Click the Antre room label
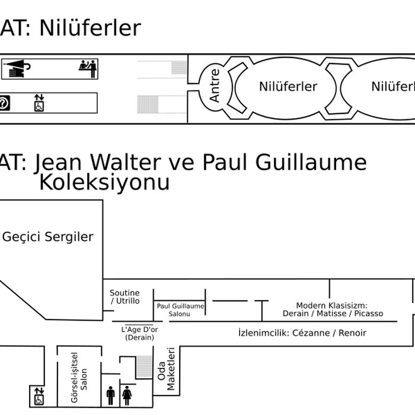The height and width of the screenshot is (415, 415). pyautogui.click(x=215, y=86)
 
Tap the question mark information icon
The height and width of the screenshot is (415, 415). pyautogui.click(x=5, y=103)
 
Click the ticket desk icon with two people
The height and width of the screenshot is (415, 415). pyautogui.click(x=88, y=68)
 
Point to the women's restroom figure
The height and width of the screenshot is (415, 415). pyautogui.click(x=126, y=395)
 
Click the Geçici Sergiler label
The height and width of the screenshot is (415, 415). pyautogui.click(x=48, y=237)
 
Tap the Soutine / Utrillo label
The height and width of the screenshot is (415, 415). pyautogui.click(x=125, y=297)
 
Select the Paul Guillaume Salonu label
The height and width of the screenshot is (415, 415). pyautogui.click(x=180, y=309)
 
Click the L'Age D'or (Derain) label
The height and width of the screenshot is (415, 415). pyautogui.click(x=139, y=333)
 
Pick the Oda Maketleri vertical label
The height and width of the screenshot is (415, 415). pyautogui.click(x=167, y=369)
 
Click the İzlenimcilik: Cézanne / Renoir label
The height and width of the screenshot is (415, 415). pyautogui.click(x=302, y=333)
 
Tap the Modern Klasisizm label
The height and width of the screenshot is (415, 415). pyautogui.click(x=333, y=309)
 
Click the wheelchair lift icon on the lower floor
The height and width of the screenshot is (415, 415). pyautogui.click(x=39, y=395)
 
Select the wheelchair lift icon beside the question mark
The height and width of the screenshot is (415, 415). pyautogui.click(x=39, y=102)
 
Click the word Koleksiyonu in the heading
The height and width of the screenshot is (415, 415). pyautogui.click(x=104, y=183)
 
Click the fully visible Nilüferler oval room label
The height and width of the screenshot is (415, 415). pyautogui.click(x=288, y=87)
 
